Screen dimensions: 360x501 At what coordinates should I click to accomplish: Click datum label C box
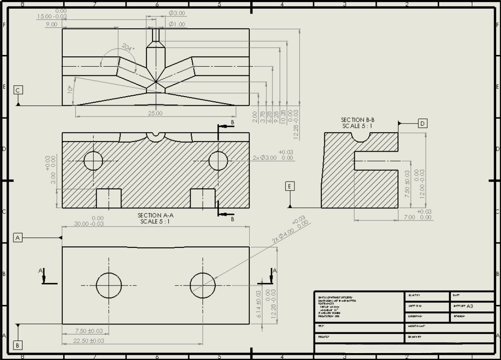click(x=18, y=90)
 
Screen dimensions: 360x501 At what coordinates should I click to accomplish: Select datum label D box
click(x=422, y=123)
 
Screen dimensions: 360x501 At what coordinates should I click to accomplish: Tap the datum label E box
click(x=290, y=186)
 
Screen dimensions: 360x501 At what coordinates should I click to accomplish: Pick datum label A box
click(x=18, y=237)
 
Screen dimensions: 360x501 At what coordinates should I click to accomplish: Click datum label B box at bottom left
click(x=18, y=345)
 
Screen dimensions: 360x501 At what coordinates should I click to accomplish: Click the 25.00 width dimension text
click(x=155, y=114)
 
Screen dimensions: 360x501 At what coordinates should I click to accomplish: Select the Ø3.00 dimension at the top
click(x=177, y=13)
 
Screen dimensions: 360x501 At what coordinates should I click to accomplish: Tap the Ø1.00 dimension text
click(x=177, y=24)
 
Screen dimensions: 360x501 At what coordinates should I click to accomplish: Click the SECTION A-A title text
click(x=155, y=215)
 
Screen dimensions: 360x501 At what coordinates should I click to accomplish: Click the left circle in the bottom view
click(x=109, y=285)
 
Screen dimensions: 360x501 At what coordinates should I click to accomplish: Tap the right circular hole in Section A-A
click(x=218, y=161)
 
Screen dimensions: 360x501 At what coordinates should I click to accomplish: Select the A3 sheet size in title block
click(x=470, y=306)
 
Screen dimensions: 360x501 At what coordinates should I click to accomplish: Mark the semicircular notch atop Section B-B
click(x=360, y=136)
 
